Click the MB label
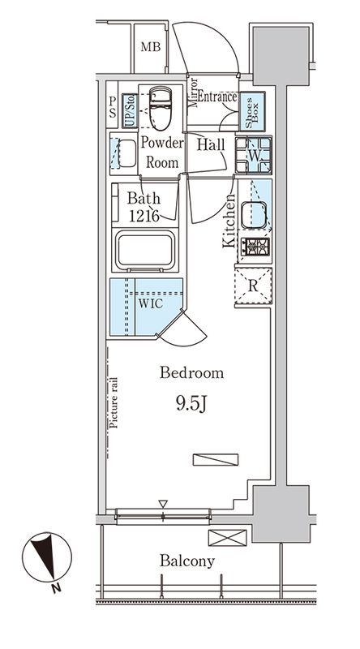tap(150, 47)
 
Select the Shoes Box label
tap(251, 111)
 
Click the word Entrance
tap(216, 97)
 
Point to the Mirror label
tap(192, 92)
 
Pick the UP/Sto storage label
tap(130, 110)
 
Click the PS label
tap(113, 107)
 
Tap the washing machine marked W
tap(253, 155)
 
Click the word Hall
tap(211, 144)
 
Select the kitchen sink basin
tap(253, 215)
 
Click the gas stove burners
tap(255, 247)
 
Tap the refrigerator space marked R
tap(253, 286)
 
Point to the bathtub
tap(145, 251)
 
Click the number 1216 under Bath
tap(144, 215)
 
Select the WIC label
tap(150, 304)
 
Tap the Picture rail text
tap(114, 402)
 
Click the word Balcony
tap(187, 561)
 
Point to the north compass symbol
tap(47, 557)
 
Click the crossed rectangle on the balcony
tap(227, 538)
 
